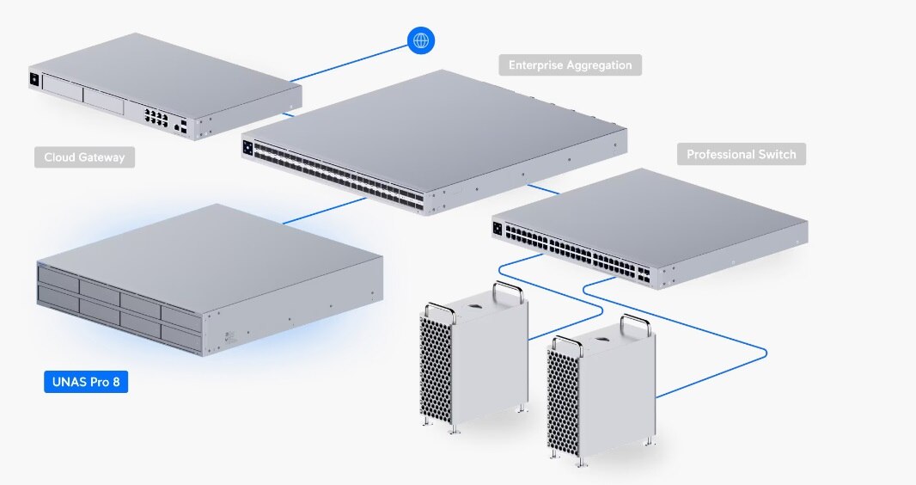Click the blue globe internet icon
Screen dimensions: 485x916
421,40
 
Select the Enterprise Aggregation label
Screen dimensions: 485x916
570,65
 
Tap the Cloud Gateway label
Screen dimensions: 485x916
84,157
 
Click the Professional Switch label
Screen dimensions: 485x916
742,155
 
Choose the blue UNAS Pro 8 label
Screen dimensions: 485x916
86,382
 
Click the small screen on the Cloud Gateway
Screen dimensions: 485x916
34,80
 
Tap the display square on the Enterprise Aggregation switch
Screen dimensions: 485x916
248,146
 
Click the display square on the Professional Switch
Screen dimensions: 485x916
497,228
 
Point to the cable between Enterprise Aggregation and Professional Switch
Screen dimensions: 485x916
544,188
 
